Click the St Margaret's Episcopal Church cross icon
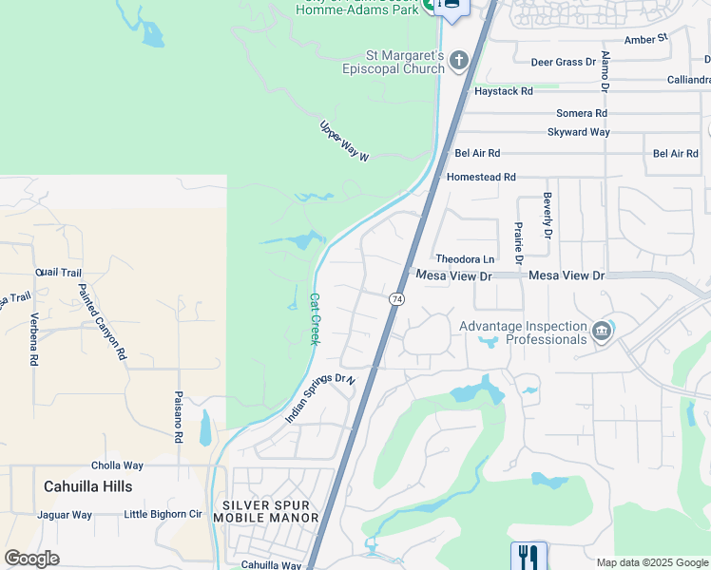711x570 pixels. tap(459, 63)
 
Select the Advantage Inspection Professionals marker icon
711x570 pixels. tap(601, 332)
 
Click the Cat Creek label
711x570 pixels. tap(315, 318)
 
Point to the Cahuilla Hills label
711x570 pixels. tap(87, 485)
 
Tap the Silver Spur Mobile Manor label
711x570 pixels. tap(265, 511)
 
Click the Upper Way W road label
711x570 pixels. tap(343, 141)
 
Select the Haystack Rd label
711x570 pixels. tap(503, 91)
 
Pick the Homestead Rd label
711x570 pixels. tap(480, 177)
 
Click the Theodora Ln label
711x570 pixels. tap(465, 258)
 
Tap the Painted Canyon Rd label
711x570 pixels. tap(102, 322)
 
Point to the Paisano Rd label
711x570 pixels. tap(178, 418)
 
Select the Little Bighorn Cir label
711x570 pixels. tap(163, 515)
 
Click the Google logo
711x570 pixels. tap(31, 558)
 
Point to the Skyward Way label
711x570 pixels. tap(578, 132)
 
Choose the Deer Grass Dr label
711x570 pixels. tap(563, 62)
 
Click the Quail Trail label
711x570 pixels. tap(59, 272)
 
